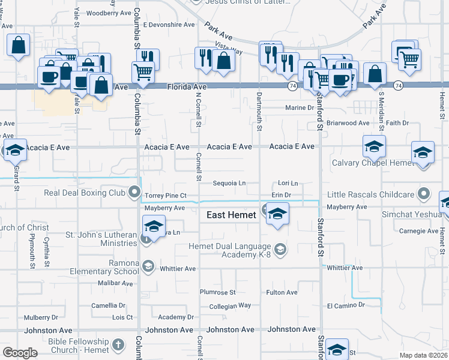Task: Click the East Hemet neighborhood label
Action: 231,215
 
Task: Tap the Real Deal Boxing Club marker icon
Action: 134,193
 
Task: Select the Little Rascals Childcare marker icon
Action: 424,193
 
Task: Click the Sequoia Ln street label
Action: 229,183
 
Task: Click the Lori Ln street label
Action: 288,183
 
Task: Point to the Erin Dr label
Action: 281,195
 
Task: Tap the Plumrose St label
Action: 217,292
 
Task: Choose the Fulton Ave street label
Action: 282,293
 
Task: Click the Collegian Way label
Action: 230,305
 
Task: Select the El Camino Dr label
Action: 346,305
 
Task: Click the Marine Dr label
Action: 300,108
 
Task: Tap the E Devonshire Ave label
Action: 169,25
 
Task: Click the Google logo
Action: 20,353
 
